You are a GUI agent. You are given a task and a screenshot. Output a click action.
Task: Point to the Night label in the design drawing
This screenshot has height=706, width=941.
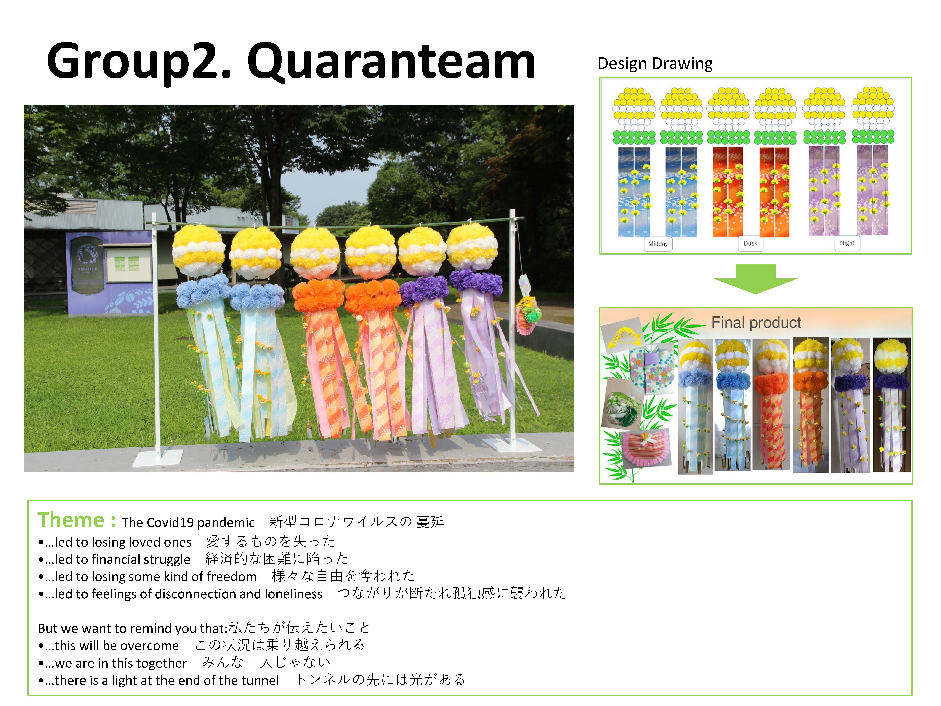click(847, 243)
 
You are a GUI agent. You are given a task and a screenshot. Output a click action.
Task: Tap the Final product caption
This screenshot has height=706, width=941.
click(756, 323)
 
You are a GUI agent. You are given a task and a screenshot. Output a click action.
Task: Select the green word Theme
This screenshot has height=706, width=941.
click(71, 520)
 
